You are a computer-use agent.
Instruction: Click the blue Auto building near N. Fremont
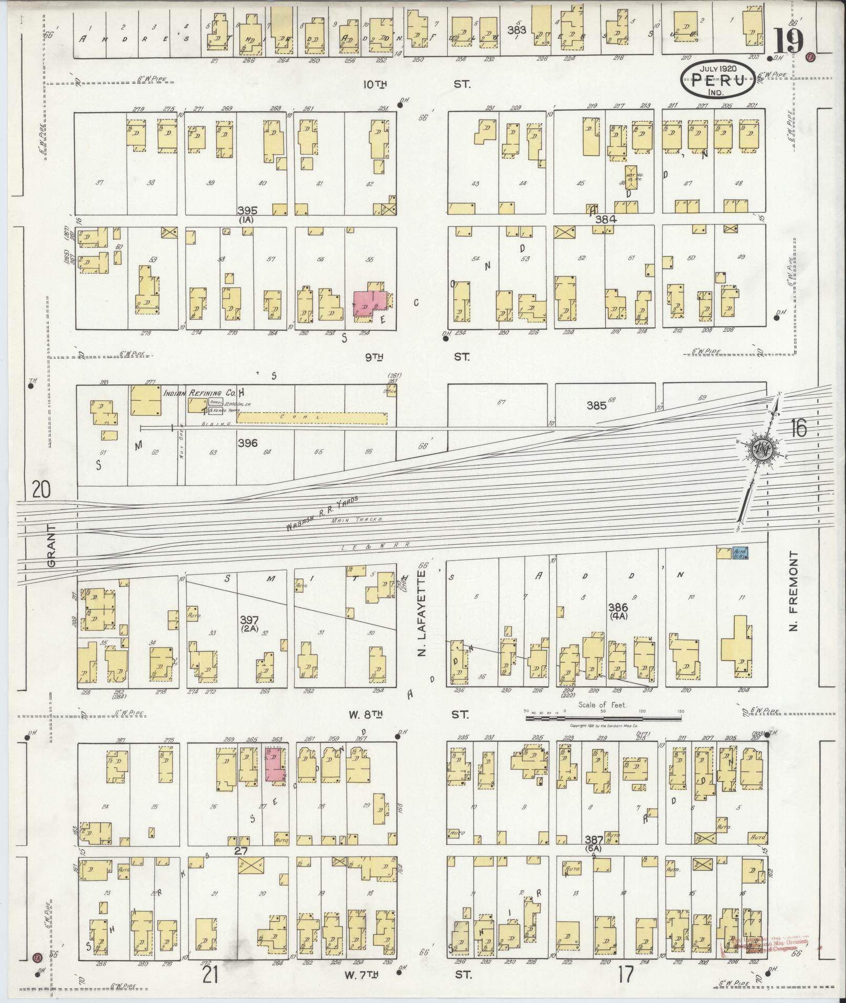pos(740,553)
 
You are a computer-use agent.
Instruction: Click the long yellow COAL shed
pos(313,417)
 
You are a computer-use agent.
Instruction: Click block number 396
pos(247,443)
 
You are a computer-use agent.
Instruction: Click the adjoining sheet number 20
pos(41,490)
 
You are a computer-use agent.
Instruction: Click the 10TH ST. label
pos(417,84)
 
